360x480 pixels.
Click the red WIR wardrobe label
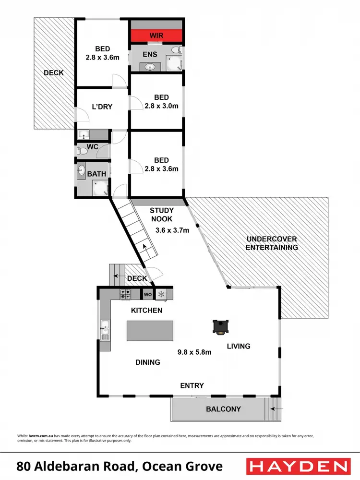click(x=157, y=36)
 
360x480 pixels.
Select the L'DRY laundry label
click(x=102, y=107)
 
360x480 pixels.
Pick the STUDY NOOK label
click(x=161, y=215)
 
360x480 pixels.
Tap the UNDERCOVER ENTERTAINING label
click(x=272, y=243)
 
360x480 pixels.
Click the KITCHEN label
click(x=147, y=310)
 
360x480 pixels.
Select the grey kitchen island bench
click(x=149, y=331)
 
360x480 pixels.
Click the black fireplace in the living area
click(x=220, y=327)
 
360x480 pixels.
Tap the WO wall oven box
click(x=147, y=294)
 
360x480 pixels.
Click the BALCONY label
click(x=223, y=409)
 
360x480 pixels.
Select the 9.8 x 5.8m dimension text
click(x=194, y=352)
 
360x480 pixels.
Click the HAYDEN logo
click(x=298, y=466)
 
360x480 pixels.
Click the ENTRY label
click(x=192, y=385)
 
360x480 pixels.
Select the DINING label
click(x=147, y=362)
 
